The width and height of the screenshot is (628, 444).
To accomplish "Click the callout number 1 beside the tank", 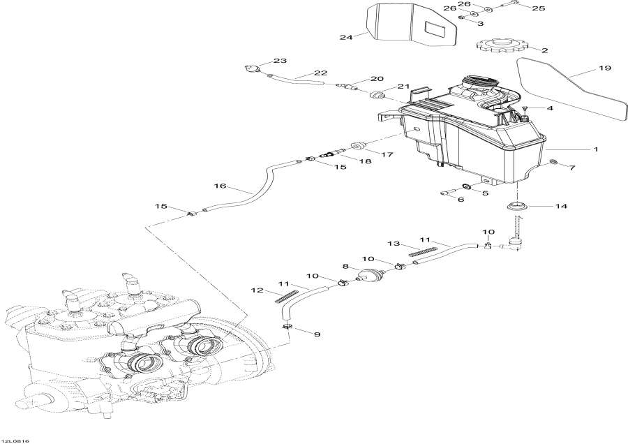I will point(595,149).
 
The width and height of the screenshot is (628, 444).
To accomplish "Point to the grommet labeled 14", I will point(517,207).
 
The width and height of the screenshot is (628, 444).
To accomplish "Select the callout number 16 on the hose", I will point(220,186).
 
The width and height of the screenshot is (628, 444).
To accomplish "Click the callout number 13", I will point(393,243).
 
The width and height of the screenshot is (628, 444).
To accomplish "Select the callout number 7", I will point(572,168).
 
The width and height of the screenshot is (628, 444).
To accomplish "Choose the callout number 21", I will point(403,87).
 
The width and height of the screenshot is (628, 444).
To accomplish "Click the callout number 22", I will point(320,73).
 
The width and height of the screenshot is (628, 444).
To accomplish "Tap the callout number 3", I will point(479,23).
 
